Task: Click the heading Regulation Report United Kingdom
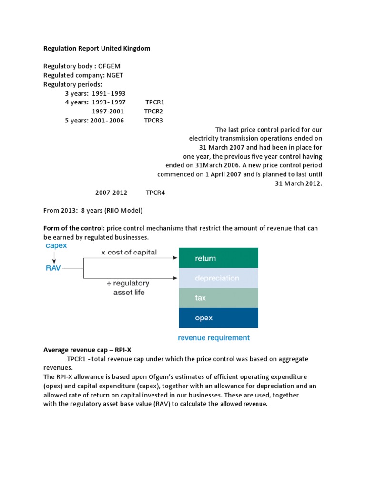[97, 48]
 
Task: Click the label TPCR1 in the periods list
[155, 102]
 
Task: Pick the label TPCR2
[153, 112]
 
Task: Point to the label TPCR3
[153, 121]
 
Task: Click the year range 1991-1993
[109, 93]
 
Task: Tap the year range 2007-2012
[111, 193]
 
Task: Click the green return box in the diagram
[218, 258]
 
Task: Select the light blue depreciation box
[218, 278]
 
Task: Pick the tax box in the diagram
[218, 298]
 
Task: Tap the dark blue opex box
[218, 317]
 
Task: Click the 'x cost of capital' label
[129, 253]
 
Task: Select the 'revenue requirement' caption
[213, 338]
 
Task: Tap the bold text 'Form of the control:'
[74, 228]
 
